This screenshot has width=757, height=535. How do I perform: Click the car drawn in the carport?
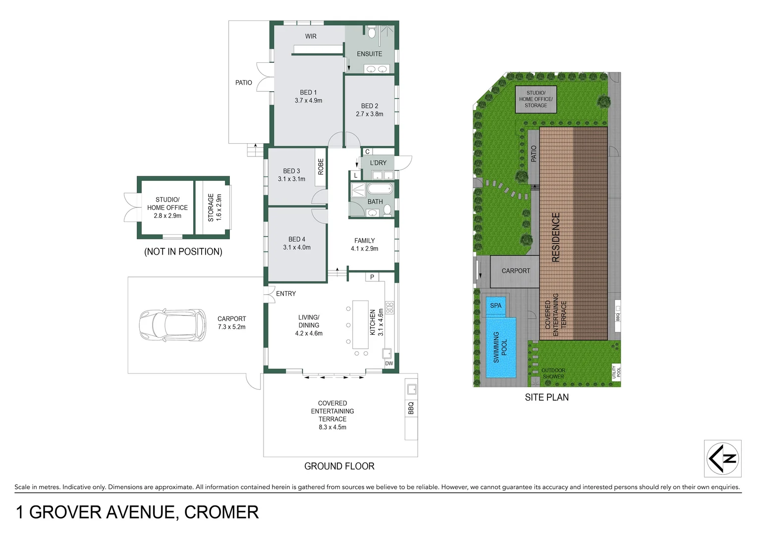(x=172, y=325)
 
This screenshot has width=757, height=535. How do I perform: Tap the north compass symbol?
(x=723, y=458)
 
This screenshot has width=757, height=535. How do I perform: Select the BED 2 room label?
(x=370, y=106)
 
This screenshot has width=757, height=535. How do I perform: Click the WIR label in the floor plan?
(x=311, y=36)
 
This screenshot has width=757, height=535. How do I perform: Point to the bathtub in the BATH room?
(x=379, y=189)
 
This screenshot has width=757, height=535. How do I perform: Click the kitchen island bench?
(x=360, y=322)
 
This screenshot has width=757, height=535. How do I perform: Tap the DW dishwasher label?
(x=389, y=364)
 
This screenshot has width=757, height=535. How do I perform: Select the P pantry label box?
(x=372, y=277)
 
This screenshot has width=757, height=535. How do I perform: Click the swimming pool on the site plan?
(x=501, y=347)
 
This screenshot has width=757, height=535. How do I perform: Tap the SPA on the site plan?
(x=495, y=306)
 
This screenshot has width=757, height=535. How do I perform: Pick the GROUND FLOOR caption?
(x=339, y=466)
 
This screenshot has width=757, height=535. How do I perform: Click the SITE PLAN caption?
(x=546, y=397)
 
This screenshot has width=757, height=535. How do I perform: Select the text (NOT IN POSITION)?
(x=183, y=252)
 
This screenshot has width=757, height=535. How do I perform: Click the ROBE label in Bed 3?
(x=321, y=166)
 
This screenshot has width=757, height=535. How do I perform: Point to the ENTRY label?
(x=286, y=294)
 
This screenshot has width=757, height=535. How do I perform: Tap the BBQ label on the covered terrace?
(x=411, y=408)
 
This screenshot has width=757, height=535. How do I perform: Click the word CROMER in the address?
(x=221, y=512)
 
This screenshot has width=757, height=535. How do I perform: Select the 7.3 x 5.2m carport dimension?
(x=231, y=327)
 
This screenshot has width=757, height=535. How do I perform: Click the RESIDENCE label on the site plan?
(x=556, y=237)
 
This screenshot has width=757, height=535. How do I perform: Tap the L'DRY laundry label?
(x=378, y=162)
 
